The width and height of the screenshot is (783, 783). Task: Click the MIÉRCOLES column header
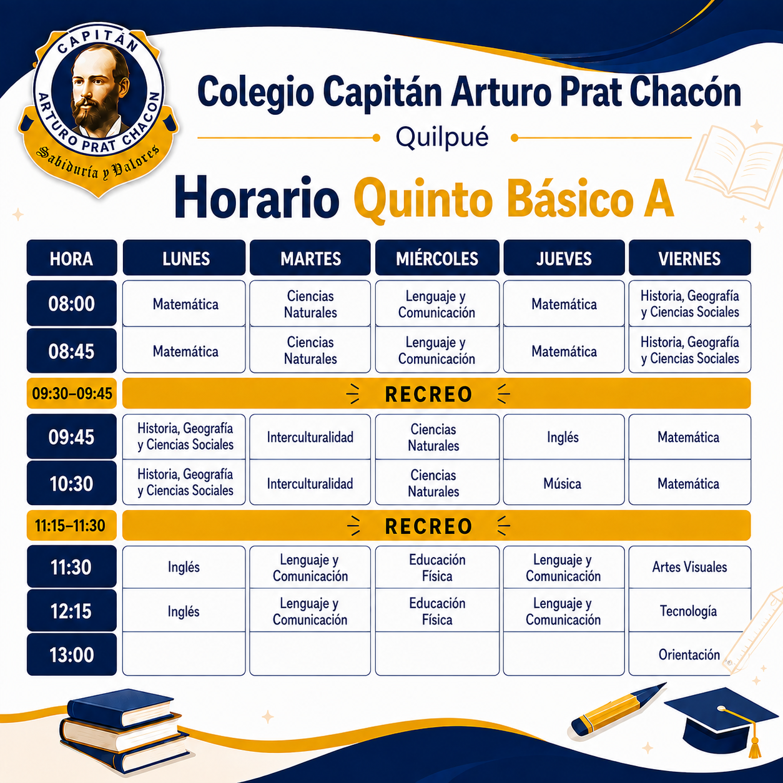tap(437, 258)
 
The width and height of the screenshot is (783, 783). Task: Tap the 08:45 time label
tap(72, 351)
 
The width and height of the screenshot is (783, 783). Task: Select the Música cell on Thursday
tap(564, 483)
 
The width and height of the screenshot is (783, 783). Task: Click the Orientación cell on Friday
tap(689, 654)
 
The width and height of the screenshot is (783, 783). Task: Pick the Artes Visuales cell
tap(689, 566)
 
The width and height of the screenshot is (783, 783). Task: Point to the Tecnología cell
tap(689, 610)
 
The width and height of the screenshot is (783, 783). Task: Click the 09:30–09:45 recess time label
tap(72, 393)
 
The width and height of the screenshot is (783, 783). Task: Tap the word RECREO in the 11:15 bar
tap(428, 526)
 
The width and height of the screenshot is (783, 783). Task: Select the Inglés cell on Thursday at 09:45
tap(564, 437)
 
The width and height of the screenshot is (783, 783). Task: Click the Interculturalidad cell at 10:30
tap(310, 483)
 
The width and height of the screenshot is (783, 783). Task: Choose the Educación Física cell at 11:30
tap(437, 567)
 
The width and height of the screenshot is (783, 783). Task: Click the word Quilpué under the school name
tap(442, 137)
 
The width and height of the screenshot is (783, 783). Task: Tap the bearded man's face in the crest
tap(97, 87)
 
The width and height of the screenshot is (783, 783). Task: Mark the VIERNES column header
tap(689, 258)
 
